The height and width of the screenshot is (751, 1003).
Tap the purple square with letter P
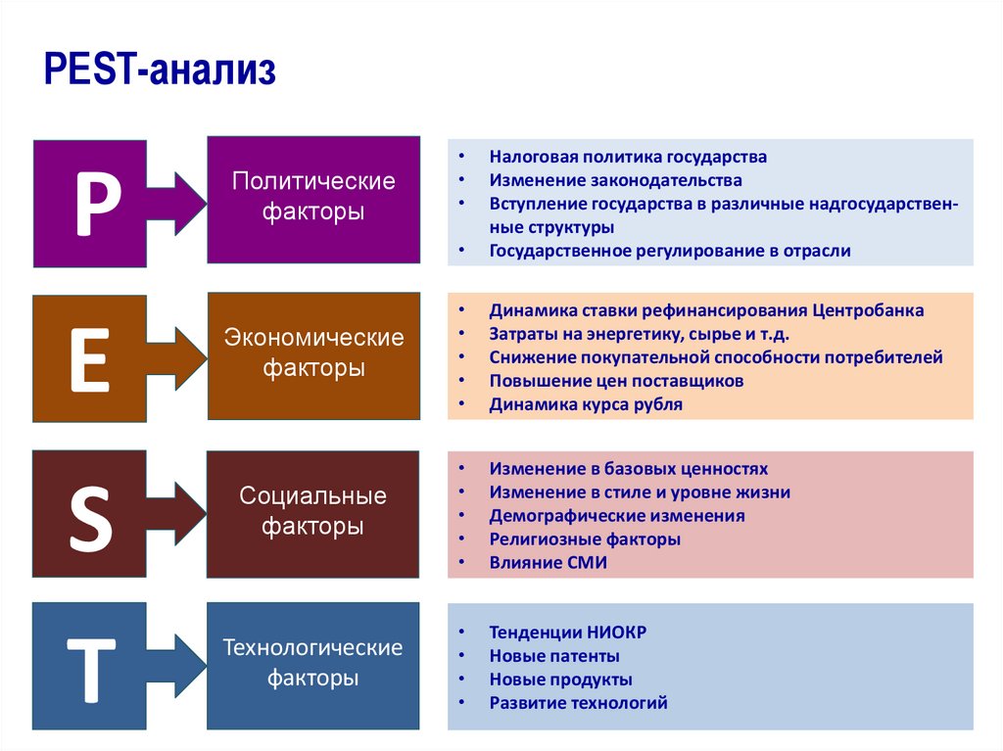(89, 204)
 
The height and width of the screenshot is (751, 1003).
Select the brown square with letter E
(89, 359)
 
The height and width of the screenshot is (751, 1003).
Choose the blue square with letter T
(89, 666)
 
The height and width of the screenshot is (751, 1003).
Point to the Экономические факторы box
(313, 353)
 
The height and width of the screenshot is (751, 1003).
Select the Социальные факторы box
(313, 510)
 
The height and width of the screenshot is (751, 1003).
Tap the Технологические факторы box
(313, 664)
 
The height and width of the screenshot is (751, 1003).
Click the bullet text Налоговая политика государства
(628, 157)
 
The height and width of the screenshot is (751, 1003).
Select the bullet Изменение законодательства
(615, 180)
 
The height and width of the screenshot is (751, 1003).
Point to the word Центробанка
(868, 310)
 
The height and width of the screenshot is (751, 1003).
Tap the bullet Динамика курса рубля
(586, 404)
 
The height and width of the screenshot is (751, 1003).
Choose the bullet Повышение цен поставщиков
(616, 381)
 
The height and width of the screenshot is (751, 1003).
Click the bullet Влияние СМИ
(549, 563)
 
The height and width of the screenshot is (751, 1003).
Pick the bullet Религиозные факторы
(585, 540)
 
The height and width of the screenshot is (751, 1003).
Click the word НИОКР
(617, 633)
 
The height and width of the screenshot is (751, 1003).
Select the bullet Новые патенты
(554, 656)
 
